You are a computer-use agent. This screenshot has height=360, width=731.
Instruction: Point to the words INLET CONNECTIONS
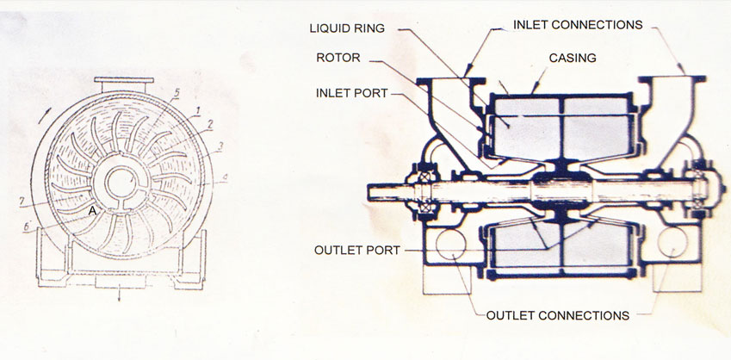578,25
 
